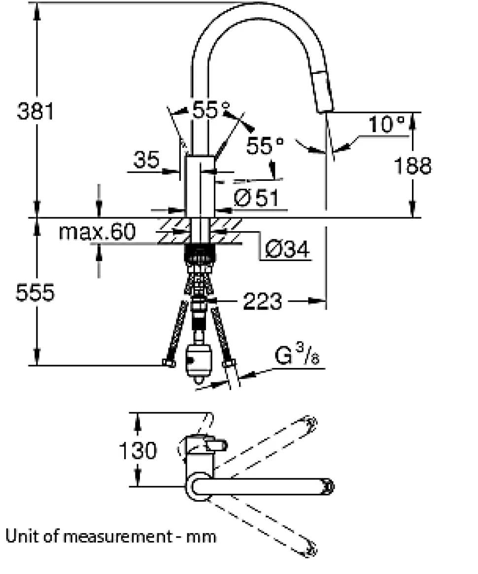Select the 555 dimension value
coord(34,293)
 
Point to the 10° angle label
coord(387,124)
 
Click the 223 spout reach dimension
coord(262,301)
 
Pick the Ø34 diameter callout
coord(287,250)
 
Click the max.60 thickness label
coord(97,232)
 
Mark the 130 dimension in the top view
coord(138,450)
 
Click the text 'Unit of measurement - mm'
coord(111,536)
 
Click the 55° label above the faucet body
coord(210,110)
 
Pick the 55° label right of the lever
coord(266,146)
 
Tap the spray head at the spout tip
coord(324,91)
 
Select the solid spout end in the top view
coord(327,486)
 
